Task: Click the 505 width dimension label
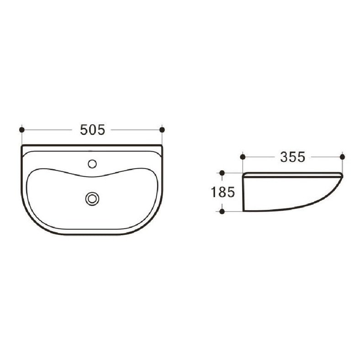pos(92,130)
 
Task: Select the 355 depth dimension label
pos(292,157)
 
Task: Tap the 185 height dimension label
pos(223,192)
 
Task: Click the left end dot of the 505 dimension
pos(22,130)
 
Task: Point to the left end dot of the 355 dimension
pos(243,157)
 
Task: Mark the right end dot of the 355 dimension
pos(342,157)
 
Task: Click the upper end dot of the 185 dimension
pos(222,173)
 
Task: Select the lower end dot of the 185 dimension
pos(222,211)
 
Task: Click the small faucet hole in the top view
pos(92,163)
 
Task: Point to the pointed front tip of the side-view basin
pos(342,176)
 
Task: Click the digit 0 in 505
pos(92,130)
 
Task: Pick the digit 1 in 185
pos(214,192)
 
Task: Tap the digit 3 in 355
pos(284,157)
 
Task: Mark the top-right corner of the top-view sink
pos(162,146)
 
